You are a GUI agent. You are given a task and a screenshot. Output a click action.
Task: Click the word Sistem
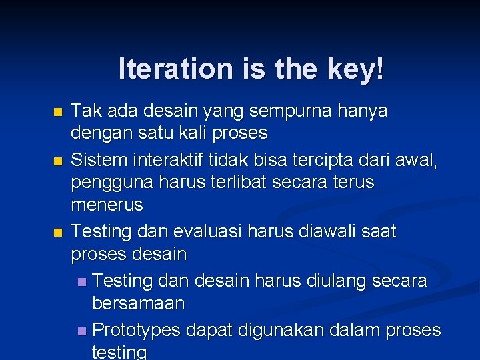pyautogui.click(x=96, y=160)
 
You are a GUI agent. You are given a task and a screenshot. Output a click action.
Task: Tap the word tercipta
pyautogui.click(x=327, y=160)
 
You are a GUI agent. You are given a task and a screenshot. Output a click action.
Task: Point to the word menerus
pyautogui.click(x=107, y=205)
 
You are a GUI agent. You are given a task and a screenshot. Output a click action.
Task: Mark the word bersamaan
pyautogui.click(x=138, y=303)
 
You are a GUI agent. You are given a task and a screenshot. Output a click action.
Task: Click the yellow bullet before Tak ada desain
pyautogui.click(x=57, y=111)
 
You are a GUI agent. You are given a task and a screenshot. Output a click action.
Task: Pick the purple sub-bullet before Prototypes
pyautogui.click(x=81, y=331)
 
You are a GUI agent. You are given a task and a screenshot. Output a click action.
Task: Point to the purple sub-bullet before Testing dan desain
pyautogui.click(x=81, y=282)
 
